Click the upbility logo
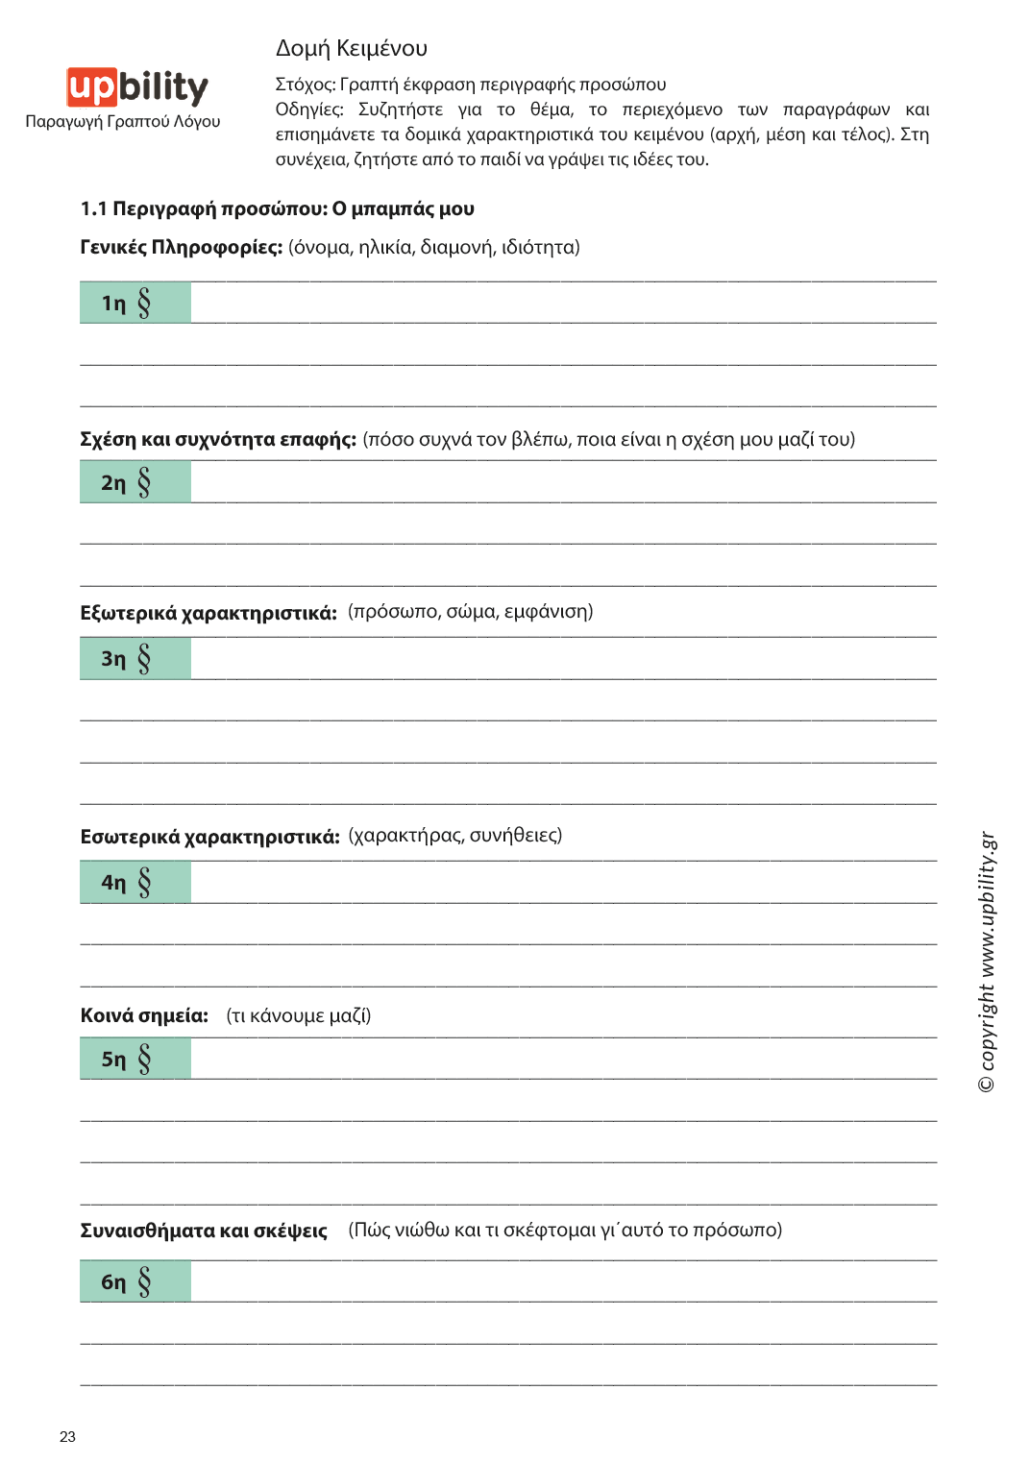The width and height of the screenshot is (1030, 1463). coord(137,87)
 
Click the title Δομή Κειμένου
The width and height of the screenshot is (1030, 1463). coord(352,48)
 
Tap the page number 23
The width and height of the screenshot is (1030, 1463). coord(67,1436)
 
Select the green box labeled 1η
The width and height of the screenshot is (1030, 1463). coord(135,303)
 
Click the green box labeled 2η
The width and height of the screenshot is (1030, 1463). coord(135,482)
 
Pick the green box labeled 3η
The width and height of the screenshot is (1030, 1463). coord(135,658)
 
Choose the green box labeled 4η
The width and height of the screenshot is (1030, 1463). coord(135,882)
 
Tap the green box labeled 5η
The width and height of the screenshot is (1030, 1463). coord(135,1059)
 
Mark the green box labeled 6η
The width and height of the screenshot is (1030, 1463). coord(135,1281)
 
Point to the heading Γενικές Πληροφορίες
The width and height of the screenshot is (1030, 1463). coord(181,248)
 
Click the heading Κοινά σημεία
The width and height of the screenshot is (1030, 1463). coord(144,1015)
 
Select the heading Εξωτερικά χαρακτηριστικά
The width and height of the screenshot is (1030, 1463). coord(208,613)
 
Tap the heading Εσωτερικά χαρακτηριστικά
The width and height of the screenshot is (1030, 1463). coord(209,837)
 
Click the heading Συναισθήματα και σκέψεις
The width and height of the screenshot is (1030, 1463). coord(204,1231)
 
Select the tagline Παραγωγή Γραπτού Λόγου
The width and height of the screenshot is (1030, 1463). coord(123,122)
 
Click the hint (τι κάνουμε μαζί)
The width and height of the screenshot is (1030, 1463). coord(299,1015)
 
